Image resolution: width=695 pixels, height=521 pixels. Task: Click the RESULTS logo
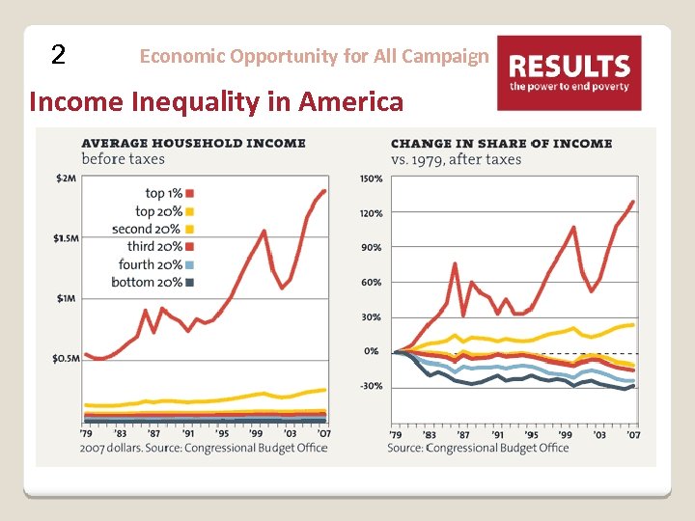coord(569,72)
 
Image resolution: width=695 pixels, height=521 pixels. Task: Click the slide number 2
coord(59,55)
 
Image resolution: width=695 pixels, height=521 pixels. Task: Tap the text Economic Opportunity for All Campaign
coord(314,56)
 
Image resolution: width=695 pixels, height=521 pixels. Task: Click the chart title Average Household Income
coord(193,143)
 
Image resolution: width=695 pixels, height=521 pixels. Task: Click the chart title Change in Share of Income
coord(501,143)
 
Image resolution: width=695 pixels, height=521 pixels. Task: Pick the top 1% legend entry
coord(166,194)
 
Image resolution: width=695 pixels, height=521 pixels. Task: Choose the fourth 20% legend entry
coord(157,264)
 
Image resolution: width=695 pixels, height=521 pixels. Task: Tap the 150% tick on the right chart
coord(370,178)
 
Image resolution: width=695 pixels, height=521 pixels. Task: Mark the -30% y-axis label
coord(371,386)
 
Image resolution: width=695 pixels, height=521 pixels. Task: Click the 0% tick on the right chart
coord(372,351)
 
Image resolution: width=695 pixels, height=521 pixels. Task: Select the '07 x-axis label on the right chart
coord(633,435)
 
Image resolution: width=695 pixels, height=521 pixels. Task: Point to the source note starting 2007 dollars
coord(204,448)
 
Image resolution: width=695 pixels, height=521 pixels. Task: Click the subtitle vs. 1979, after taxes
coord(456,159)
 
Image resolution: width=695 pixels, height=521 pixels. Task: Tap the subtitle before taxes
coord(123,159)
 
